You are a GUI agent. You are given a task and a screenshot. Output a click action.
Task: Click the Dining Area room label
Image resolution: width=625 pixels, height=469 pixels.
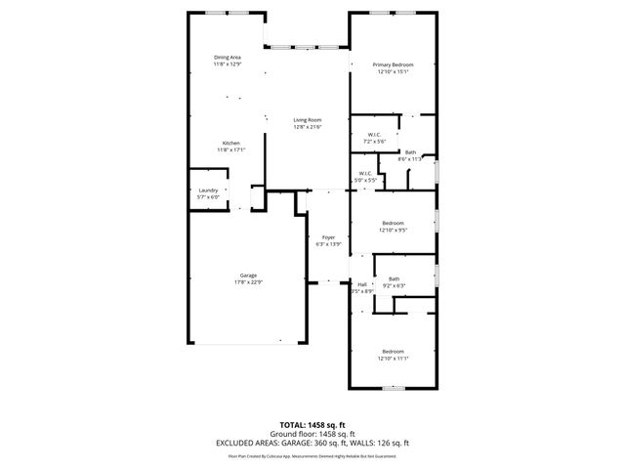[x=228, y=58]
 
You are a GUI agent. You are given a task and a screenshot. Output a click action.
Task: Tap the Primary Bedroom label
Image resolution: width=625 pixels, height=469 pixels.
[x=393, y=64]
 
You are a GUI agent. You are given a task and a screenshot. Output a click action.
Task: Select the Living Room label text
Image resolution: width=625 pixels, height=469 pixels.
[x=308, y=120]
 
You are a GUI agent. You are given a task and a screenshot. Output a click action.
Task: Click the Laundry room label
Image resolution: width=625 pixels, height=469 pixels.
[x=208, y=191]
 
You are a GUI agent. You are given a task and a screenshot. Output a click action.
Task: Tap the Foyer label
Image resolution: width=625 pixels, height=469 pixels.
[x=328, y=236]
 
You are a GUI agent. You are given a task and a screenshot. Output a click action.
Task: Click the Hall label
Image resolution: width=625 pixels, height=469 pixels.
[x=361, y=284]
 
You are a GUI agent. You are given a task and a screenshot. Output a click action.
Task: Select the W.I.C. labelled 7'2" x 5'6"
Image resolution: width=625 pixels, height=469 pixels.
[x=374, y=135]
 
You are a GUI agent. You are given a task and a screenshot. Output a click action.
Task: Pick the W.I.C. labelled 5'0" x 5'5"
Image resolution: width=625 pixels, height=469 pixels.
[x=364, y=175]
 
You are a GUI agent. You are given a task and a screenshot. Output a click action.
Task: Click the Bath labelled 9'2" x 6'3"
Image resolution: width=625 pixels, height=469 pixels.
[x=394, y=279]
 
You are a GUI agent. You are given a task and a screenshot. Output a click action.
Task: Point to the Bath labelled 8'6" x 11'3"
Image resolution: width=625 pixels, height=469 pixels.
[x=411, y=151]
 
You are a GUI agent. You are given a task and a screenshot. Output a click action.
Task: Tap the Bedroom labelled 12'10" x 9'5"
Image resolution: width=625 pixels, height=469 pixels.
[x=393, y=223]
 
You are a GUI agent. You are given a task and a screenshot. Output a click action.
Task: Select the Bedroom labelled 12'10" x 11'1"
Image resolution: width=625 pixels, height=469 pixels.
[x=393, y=351]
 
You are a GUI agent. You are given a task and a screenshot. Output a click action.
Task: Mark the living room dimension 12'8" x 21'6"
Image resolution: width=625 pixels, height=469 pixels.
[x=308, y=127]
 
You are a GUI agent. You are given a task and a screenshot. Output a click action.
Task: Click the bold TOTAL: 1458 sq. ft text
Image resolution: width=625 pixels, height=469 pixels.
[x=312, y=425]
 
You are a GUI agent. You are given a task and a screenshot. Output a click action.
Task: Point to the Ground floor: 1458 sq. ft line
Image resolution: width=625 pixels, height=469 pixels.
[x=312, y=433]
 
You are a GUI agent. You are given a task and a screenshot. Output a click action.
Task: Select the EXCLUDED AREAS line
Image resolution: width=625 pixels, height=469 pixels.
[x=312, y=442]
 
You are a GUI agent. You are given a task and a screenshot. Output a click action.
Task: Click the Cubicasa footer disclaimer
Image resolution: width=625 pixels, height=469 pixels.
[x=312, y=454]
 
